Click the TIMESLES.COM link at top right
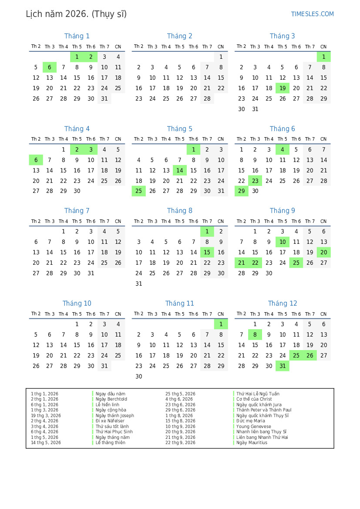(x=312, y=14)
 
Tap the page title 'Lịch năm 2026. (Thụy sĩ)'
(x=76, y=14)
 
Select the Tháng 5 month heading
(x=179, y=129)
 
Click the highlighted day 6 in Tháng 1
(x=50, y=67)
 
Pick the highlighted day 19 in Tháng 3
(x=283, y=88)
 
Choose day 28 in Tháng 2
(x=207, y=99)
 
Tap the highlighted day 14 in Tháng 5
(x=180, y=171)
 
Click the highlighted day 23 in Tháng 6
(x=255, y=181)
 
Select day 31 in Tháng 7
(x=91, y=273)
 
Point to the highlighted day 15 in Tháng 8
(x=207, y=253)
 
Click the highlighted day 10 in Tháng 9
(x=283, y=242)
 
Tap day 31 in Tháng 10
(x=104, y=366)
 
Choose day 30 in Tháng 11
(x=139, y=377)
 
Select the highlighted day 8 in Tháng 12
(x=255, y=335)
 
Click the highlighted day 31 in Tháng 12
(x=283, y=366)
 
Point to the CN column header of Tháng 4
(x=118, y=139)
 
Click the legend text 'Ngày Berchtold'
(x=111, y=399)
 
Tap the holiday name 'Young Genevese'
(x=254, y=427)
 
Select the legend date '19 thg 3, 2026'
(x=46, y=416)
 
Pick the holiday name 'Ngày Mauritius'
(x=252, y=443)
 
